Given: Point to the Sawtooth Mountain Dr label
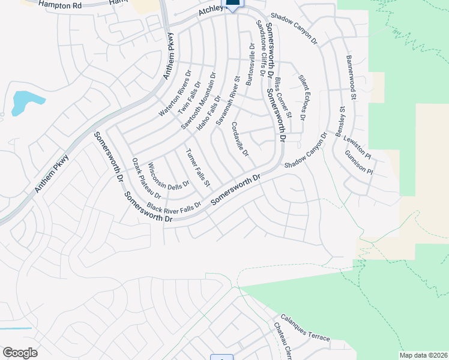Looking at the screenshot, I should pos(198,101).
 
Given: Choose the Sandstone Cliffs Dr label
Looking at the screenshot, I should pos(261,47).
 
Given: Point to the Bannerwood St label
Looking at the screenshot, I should pos(351,78).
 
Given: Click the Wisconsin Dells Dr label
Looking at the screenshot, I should pos(169,176).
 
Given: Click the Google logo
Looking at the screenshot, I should pos(20,353).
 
